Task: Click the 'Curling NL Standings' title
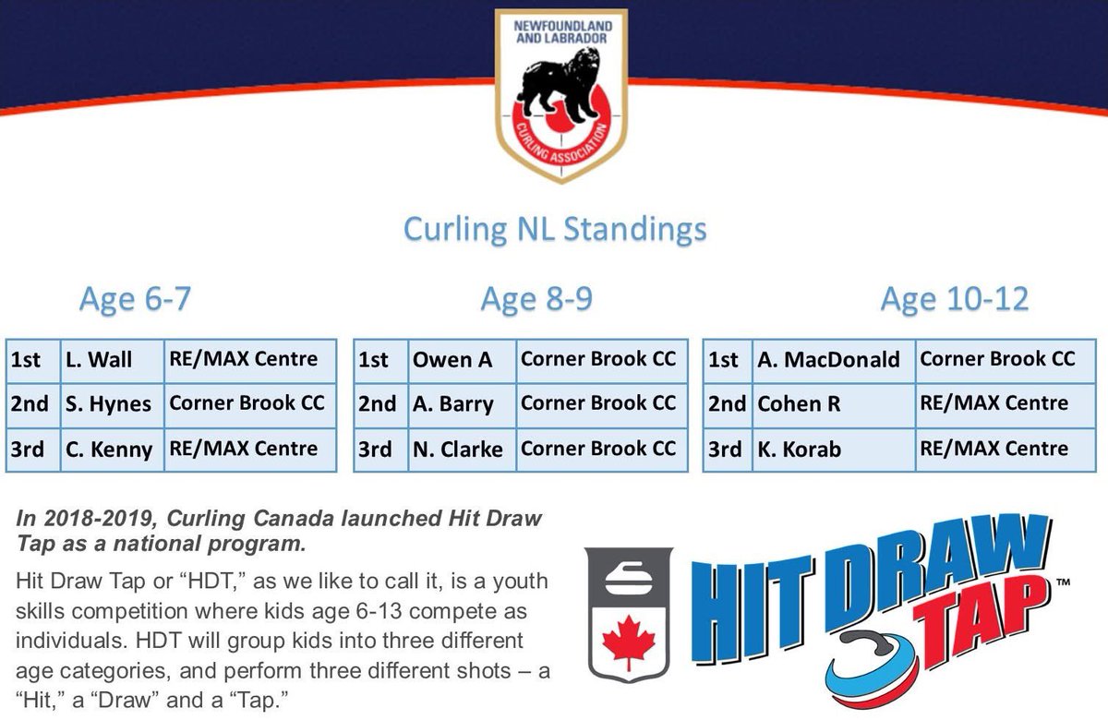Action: tap(554, 229)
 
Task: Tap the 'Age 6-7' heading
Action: tap(135, 299)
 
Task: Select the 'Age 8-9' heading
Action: tap(536, 299)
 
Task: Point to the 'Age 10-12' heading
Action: tap(954, 299)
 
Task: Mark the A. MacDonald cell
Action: tap(828, 360)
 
